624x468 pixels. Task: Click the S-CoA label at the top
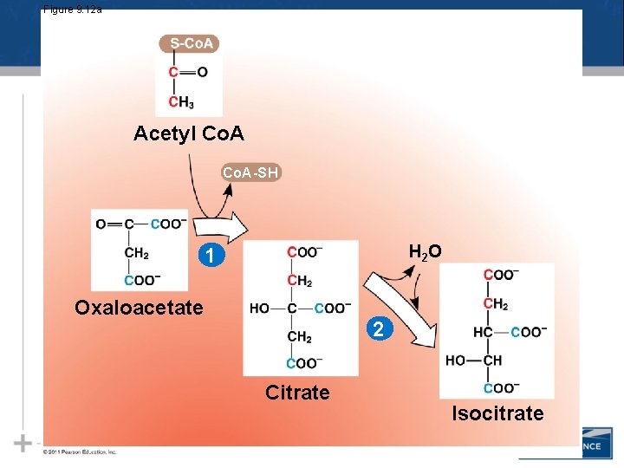[x=190, y=43]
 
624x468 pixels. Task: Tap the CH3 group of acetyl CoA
[x=181, y=103]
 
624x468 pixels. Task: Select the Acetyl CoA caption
[x=189, y=133]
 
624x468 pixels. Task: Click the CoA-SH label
[x=250, y=172]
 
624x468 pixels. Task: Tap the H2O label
[x=425, y=251]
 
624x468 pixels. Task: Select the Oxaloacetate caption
[x=139, y=308]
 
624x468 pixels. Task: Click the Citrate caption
[x=297, y=393]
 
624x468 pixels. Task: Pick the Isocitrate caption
[x=497, y=413]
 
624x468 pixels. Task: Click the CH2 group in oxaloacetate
[x=137, y=254]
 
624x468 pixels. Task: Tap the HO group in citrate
[x=259, y=308]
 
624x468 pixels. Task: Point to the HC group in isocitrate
[x=484, y=332]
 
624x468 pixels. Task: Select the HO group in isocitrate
[x=456, y=361]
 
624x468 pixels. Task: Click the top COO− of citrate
[x=305, y=252]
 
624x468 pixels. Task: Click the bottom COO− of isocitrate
[x=501, y=387]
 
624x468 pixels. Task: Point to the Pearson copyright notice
[x=80, y=452]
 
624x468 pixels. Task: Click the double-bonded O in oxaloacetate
[x=101, y=224]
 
